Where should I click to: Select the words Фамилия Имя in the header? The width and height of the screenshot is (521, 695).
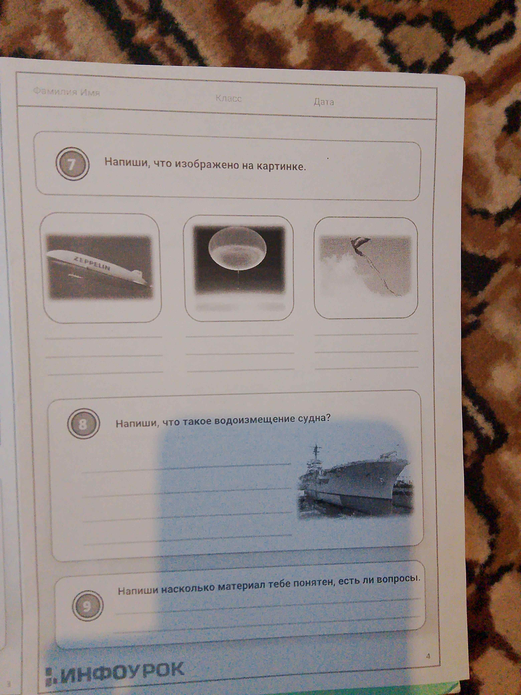67,92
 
